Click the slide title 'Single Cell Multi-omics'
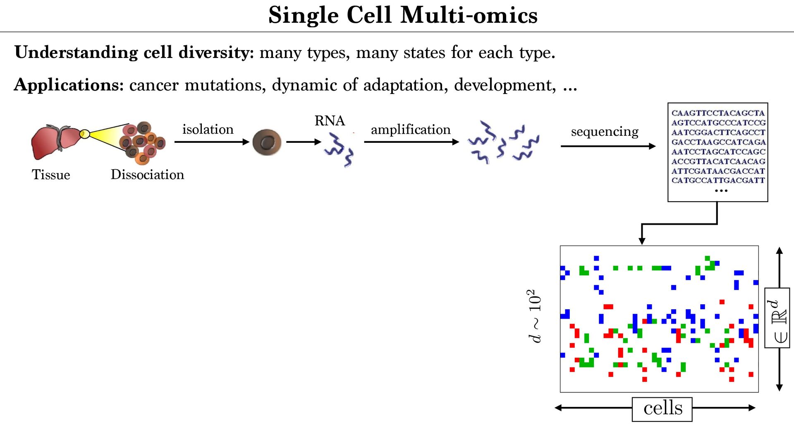click(403, 15)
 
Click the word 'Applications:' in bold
click(69, 85)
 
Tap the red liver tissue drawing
click(54, 142)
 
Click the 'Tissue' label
click(51, 175)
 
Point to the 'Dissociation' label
click(147, 175)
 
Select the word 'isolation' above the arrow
click(208, 129)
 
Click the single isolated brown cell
click(267, 142)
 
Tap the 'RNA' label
click(330, 120)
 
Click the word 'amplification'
click(411, 130)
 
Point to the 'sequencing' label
click(605, 132)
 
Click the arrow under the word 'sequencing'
click(608, 146)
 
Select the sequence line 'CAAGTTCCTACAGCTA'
click(718, 113)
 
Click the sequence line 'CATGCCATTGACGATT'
click(718, 180)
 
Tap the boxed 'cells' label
click(662, 409)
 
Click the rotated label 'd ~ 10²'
click(534, 316)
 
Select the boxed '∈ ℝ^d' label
click(777, 318)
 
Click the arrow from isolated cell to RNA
click(304, 142)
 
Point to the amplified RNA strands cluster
click(503, 143)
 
